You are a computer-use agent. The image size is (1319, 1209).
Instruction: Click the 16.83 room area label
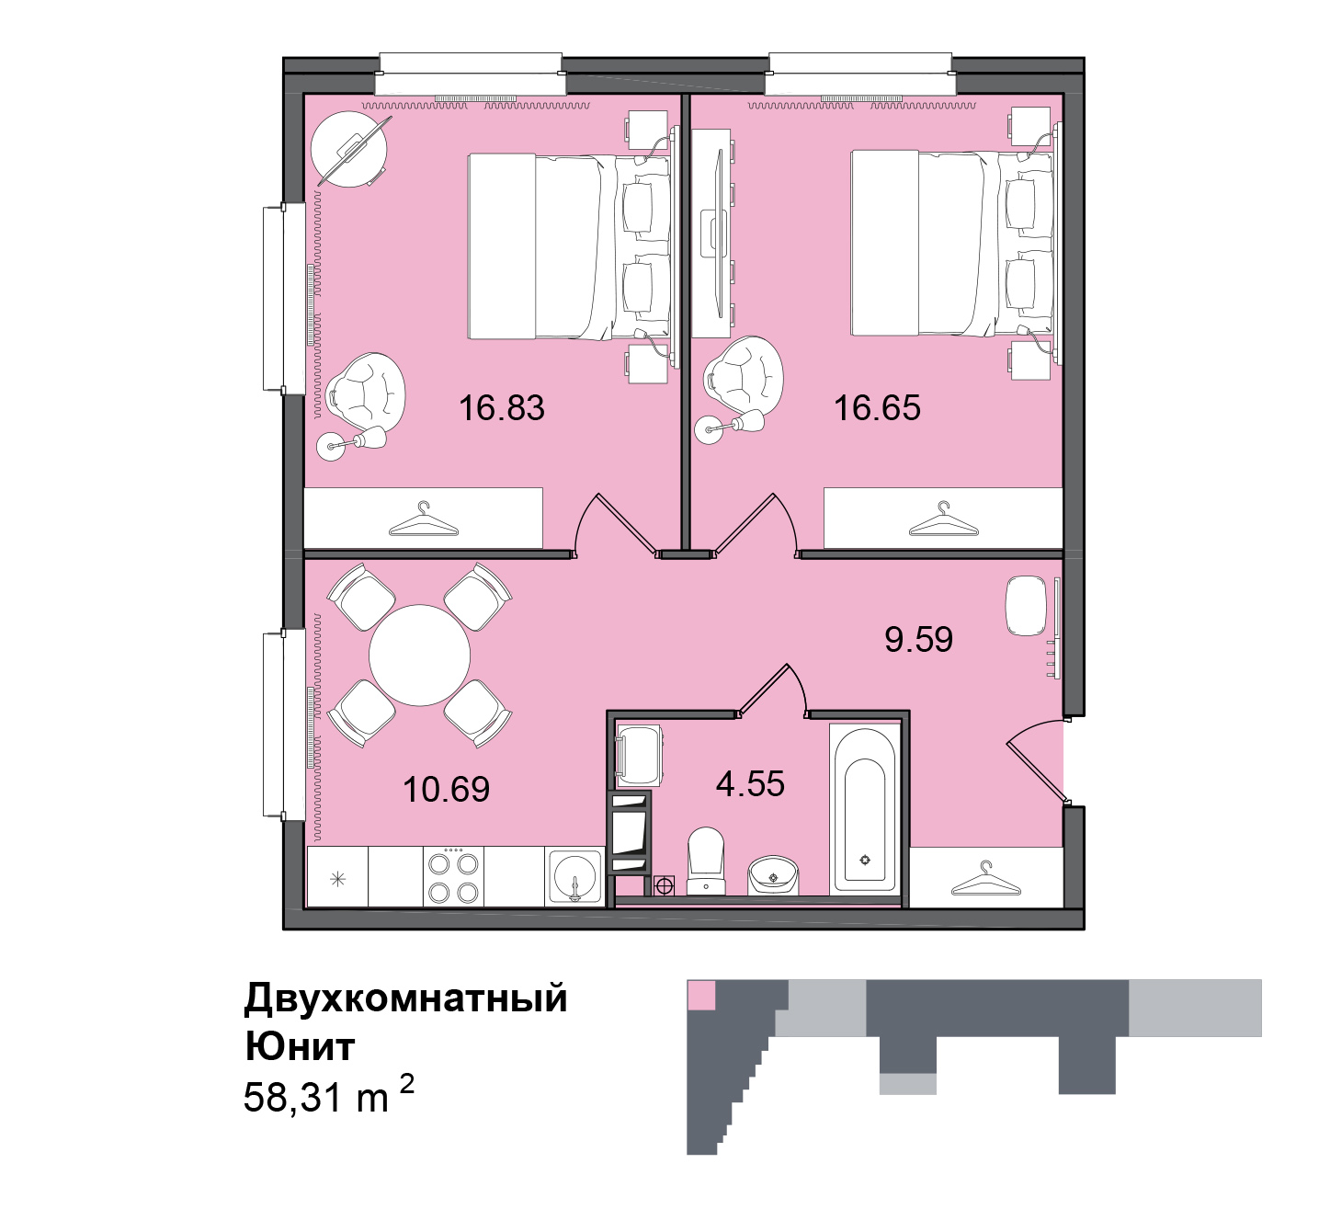(502, 408)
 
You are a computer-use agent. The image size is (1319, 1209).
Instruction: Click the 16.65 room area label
(877, 408)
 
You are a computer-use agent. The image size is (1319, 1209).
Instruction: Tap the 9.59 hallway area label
(918, 639)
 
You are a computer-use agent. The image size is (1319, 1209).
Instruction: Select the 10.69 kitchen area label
(447, 790)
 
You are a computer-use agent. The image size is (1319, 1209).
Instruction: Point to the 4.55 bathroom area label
(750, 783)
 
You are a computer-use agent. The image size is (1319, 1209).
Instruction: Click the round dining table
(419, 656)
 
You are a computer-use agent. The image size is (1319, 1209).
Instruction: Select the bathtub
(865, 809)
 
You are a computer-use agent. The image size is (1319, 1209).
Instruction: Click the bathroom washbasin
(774, 875)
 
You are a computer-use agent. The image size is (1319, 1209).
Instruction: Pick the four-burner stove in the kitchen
(454, 876)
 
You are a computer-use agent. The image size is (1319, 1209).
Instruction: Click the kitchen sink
(574, 877)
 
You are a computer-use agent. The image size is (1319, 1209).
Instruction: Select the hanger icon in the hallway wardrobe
(986, 879)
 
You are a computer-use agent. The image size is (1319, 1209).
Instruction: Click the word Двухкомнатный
(405, 998)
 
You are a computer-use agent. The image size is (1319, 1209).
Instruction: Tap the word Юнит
(300, 1046)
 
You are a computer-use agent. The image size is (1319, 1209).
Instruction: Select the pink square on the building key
(701, 994)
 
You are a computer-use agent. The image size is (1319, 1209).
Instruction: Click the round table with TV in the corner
(349, 149)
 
